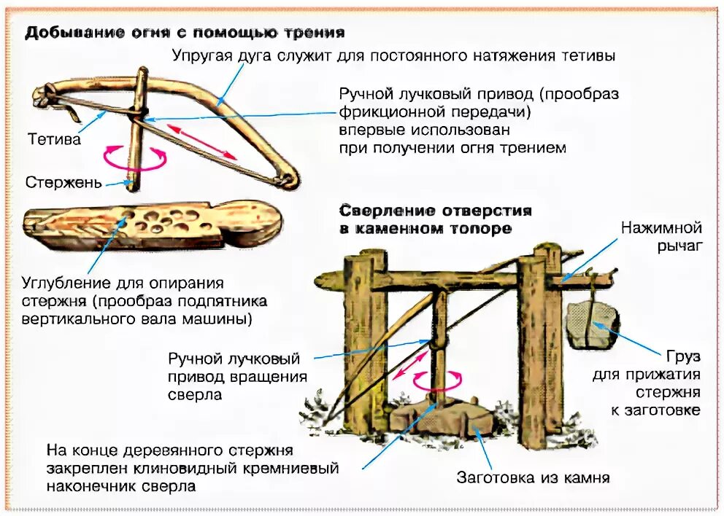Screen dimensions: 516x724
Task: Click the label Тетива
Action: [55, 139]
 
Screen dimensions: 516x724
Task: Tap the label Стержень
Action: [63, 182]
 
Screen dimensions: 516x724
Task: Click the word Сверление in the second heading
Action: [384, 211]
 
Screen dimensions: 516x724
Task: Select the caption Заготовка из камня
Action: [533, 478]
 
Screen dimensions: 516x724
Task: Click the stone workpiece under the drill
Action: [438, 418]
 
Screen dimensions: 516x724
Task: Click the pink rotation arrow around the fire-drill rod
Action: [135, 157]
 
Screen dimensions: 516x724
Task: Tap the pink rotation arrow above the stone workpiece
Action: [438, 379]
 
